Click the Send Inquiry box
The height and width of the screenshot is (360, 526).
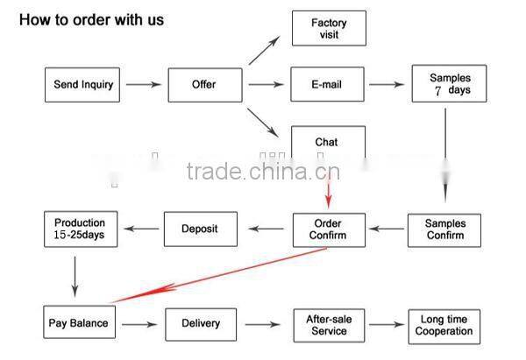click(82, 85)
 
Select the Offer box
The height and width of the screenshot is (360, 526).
click(204, 85)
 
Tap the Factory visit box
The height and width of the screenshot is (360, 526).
click(329, 29)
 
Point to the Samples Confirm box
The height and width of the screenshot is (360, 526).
click(444, 229)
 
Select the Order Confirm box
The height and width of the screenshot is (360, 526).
click(328, 229)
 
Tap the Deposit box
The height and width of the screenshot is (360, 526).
click(200, 229)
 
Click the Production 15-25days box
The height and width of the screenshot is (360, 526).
click(80, 229)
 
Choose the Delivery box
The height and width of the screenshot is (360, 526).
click(201, 323)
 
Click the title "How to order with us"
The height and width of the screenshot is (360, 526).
click(91, 19)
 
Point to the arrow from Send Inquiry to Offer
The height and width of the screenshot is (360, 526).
click(144, 85)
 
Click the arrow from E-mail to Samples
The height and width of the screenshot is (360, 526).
click(390, 85)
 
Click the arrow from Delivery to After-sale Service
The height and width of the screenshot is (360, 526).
click(264, 324)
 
